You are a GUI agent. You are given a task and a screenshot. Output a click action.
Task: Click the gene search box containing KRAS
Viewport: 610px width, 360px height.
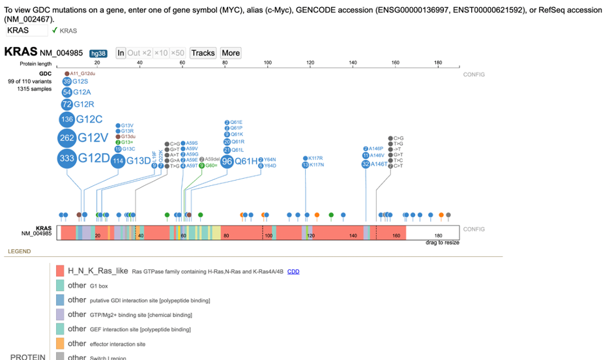[x=26, y=30]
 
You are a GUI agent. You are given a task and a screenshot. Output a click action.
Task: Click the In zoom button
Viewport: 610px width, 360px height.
[x=121, y=53]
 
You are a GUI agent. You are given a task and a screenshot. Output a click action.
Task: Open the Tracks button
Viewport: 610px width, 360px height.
[x=203, y=53]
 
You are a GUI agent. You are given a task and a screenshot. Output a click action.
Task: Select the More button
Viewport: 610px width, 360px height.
[x=231, y=53]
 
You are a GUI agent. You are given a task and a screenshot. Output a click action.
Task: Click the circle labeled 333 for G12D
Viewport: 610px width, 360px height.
[x=66, y=158]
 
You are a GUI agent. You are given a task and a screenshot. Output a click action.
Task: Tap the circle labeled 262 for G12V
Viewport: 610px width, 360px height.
[x=66, y=138]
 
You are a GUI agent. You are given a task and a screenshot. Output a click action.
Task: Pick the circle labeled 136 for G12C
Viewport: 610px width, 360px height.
[x=66, y=119]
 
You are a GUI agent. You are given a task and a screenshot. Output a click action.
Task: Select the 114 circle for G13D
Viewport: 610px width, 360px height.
[x=117, y=161]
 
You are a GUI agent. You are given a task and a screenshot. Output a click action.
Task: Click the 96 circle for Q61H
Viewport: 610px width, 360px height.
[x=227, y=161]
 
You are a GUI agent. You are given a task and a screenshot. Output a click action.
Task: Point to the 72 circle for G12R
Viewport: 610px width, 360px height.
[x=66, y=104]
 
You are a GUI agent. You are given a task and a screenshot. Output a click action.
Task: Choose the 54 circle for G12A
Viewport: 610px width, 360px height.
[x=66, y=93]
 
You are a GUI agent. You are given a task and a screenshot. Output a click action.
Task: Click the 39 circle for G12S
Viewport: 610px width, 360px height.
[x=66, y=82]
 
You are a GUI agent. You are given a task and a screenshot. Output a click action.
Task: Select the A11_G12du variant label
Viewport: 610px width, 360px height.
[x=82, y=74]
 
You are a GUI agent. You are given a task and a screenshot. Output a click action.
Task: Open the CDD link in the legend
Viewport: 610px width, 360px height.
[x=293, y=271]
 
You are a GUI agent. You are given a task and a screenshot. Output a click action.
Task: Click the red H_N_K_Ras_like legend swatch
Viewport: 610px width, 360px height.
[x=60, y=271]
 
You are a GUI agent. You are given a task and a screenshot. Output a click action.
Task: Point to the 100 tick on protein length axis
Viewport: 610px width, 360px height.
[x=267, y=63]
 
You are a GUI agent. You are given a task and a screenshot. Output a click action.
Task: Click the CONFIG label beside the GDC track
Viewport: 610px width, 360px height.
[x=474, y=74]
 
